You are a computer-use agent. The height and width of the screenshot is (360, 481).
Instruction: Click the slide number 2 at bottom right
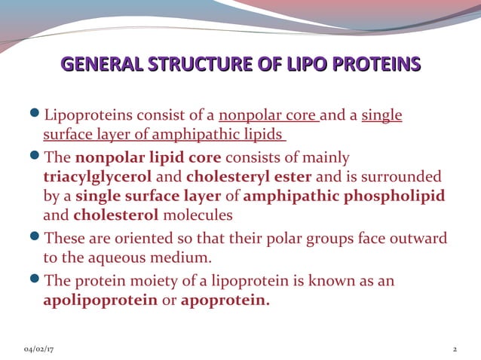tap(455, 350)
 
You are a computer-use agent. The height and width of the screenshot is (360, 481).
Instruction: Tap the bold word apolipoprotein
tap(100, 299)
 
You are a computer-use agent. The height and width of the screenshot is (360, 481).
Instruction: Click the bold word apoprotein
tap(224, 299)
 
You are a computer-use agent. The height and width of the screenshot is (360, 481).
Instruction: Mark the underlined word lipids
tap(263, 134)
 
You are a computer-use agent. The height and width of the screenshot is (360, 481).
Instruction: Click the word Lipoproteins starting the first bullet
tap(84, 115)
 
